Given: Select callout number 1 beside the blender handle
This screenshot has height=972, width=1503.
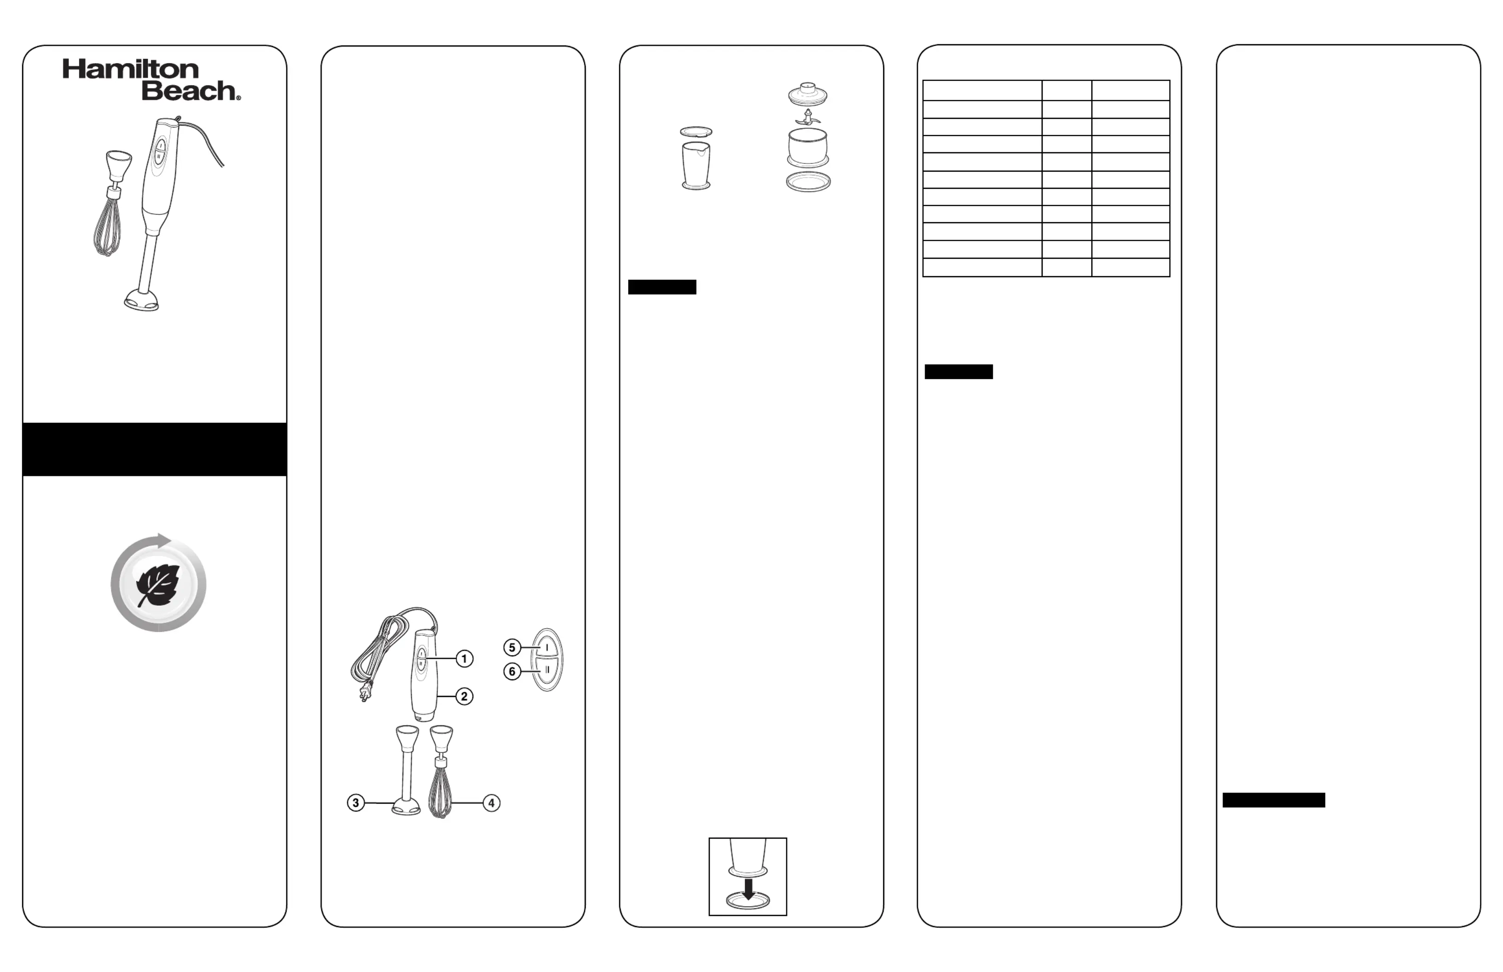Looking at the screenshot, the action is [x=464, y=659].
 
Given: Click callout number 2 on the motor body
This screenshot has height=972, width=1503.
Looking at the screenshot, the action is [x=464, y=697].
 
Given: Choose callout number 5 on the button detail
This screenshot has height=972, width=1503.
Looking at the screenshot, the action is [x=512, y=648].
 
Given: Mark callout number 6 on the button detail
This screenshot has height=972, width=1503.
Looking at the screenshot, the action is [x=512, y=671].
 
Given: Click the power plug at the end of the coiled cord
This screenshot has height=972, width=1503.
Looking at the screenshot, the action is [x=365, y=694].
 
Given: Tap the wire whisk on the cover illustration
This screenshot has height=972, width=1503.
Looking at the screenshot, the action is [x=107, y=227].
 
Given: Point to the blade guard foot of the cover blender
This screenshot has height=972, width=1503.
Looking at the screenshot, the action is [x=141, y=301].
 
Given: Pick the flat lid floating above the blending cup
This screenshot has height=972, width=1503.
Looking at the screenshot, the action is [x=696, y=132].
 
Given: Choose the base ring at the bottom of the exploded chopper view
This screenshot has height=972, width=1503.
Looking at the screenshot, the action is [x=808, y=182].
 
